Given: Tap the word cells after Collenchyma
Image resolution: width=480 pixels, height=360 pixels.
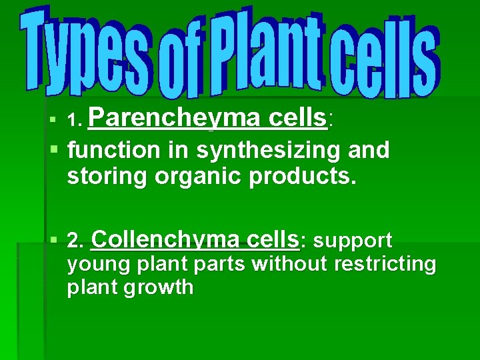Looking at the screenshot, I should [273, 239].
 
